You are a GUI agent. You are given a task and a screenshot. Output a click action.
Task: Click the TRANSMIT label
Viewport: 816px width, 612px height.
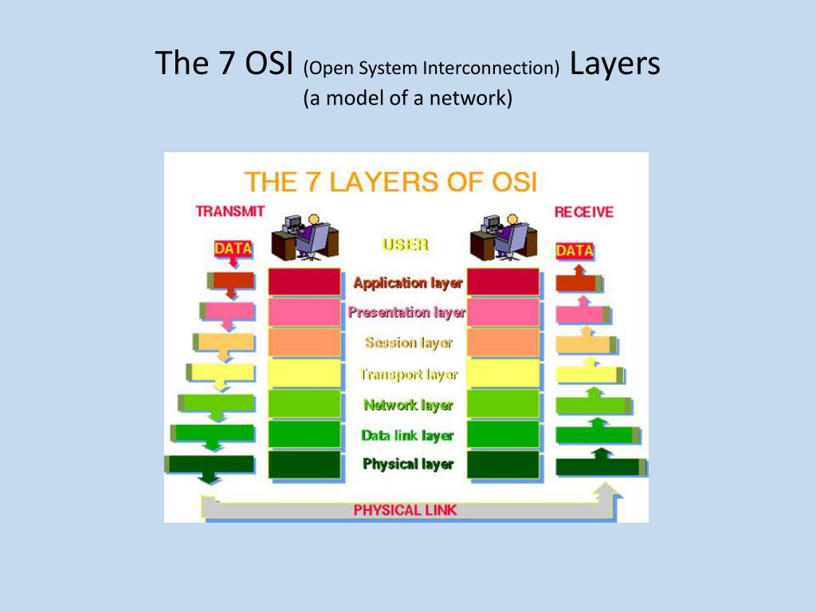[x=230, y=212]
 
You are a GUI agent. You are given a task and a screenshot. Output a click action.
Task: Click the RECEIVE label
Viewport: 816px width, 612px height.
[x=584, y=212]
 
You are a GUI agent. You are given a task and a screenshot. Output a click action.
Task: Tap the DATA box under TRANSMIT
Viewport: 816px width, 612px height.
[x=233, y=249]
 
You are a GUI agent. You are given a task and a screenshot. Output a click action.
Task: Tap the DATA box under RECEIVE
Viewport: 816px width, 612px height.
[x=575, y=250]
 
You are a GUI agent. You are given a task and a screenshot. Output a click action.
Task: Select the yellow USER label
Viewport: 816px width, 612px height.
[x=406, y=245]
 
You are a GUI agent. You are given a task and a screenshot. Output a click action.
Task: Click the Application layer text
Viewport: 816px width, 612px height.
[x=407, y=283]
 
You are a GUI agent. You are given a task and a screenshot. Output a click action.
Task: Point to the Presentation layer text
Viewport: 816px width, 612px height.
[x=406, y=312]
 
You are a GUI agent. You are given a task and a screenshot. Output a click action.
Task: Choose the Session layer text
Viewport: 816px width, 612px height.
[x=408, y=343]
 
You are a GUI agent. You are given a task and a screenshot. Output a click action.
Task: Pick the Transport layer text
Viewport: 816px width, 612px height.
[x=408, y=374]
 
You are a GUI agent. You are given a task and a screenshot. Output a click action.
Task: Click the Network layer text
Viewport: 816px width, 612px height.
[x=408, y=405]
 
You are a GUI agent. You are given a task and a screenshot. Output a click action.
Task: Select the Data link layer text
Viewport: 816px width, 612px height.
[x=407, y=435]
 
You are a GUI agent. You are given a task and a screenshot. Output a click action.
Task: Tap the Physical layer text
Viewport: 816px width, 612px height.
[x=408, y=464]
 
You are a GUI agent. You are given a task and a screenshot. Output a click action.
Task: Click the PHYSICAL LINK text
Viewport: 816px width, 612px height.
[x=406, y=510]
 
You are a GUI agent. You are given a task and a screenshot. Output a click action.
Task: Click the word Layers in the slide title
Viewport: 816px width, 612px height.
[x=614, y=64]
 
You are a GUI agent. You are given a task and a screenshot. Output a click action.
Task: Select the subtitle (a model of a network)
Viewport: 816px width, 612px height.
[x=407, y=98]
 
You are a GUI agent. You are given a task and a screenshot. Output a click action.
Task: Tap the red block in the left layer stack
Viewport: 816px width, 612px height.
[x=304, y=282]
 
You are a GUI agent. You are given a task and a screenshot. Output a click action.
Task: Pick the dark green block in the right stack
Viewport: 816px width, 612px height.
[x=503, y=465]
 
